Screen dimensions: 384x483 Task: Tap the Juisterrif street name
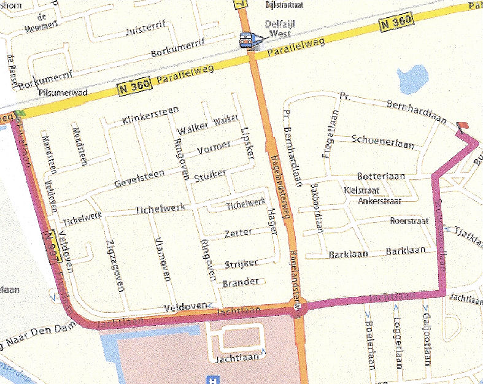click(x=146, y=29)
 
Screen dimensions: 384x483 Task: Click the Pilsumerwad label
click(x=63, y=92)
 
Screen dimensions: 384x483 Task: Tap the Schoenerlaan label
click(x=383, y=140)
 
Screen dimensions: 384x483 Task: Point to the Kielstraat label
click(x=363, y=190)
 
